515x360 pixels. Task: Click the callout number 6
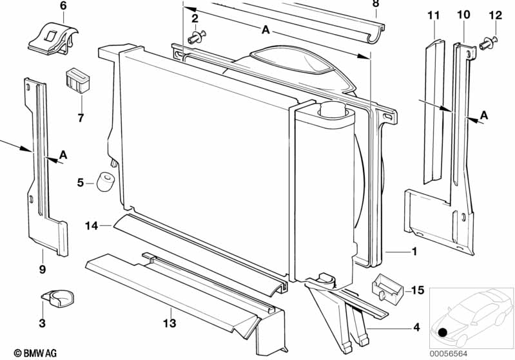(63, 6)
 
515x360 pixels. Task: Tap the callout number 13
(170, 323)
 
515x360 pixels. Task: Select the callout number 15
(418, 290)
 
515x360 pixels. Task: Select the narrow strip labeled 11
(433, 109)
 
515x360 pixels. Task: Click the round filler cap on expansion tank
(335, 110)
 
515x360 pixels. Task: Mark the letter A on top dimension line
(266, 30)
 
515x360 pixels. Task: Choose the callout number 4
(417, 327)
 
